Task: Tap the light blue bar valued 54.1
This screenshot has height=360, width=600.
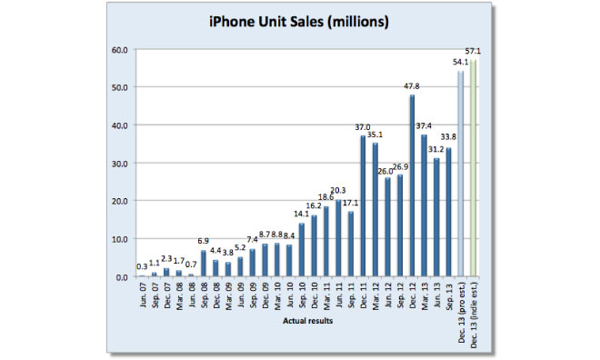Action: click(461, 174)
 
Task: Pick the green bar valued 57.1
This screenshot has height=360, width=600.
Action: click(473, 168)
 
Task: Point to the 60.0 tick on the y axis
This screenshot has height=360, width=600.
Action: click(118, 49)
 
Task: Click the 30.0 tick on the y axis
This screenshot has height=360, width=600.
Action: click(118, 163)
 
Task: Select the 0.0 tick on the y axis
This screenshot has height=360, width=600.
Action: click(121, 276)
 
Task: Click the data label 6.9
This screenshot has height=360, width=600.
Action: click(204, 241)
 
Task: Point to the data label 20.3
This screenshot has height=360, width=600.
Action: click(338, 190)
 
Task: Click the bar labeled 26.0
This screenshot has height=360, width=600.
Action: click(387, 226)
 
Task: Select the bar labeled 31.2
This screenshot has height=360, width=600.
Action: click(436, 217)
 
